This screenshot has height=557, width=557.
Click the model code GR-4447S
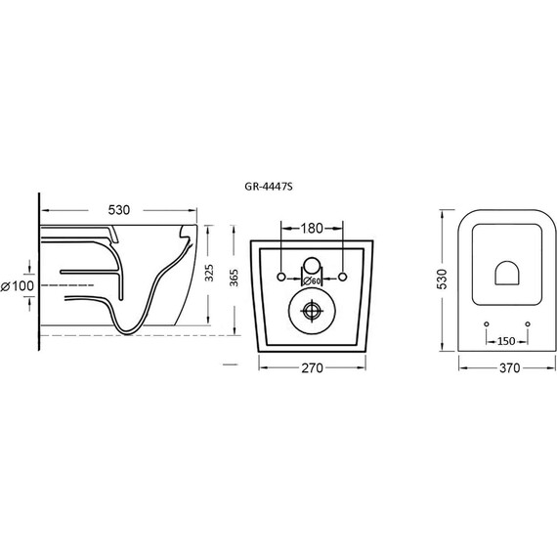click(269, 187)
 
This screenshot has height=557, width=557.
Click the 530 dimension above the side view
click(119, 210)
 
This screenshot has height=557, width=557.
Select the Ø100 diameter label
click(18, 286)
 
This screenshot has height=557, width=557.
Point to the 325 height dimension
click(209, 273)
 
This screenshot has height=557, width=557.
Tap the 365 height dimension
click(235, 278)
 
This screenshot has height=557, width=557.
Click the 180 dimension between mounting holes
click(313, 229)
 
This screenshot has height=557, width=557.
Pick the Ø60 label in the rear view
click(312, 281)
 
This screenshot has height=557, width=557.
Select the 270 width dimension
click(313, 368)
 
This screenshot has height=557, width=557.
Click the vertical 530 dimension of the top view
click(442, 279)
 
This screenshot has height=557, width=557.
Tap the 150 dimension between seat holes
click(506, 341)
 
